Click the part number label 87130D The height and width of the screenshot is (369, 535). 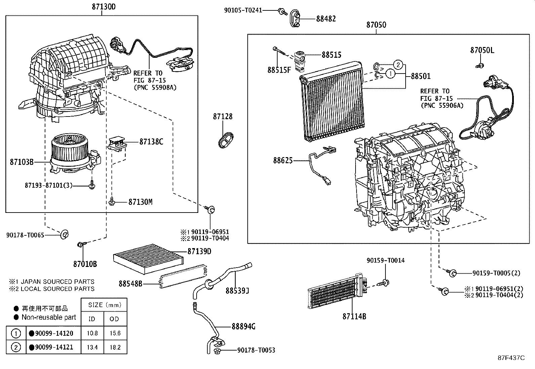click(101, 7)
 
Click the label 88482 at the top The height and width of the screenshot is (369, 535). click(326, 19)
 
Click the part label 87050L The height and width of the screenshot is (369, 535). click(482, 50)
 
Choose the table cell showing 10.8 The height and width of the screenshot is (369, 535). click(92, 333)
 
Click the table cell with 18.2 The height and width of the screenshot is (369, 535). click(115, 347)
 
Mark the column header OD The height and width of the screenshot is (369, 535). click(115, 319)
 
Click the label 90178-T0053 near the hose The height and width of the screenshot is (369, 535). click(256, 350)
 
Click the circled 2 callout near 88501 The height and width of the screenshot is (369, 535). click(398, 64)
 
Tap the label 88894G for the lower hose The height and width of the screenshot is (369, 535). click(243, 326)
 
